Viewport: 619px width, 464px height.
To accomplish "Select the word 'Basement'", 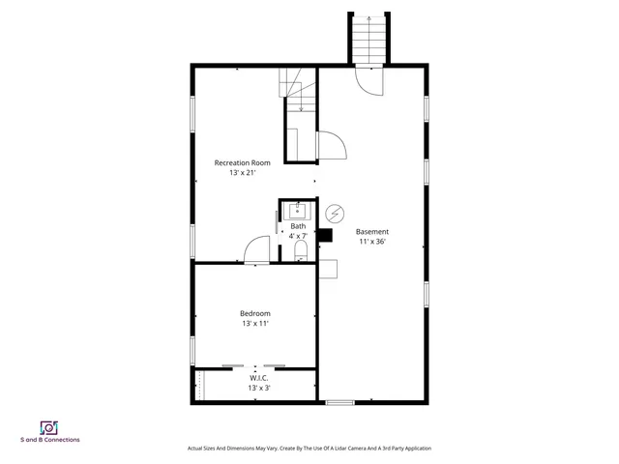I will pyautogui.click(x=372, y=231).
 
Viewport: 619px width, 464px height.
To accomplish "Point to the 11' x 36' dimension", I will pyautogui.click(x=372, y=242).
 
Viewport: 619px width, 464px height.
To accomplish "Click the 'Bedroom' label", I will pyautogui.click(x=255, y=312).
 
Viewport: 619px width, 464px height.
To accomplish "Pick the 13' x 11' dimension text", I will pyautogui.click(x=255, y=324).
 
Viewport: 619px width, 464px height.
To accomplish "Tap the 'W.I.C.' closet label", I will pyautogui.click(x=258, y=378).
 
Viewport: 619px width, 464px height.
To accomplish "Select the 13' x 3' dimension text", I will pyautogui.click(x=258, y=388).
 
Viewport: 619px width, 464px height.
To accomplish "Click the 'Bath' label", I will pyautogui.click(x=298, y=226).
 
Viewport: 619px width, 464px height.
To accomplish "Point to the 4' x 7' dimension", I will pyautogui.click(x=298, y=236).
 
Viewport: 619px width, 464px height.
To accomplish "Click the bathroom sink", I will pyautogui.click(x=299, y=210).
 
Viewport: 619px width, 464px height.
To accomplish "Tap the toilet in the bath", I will pyautogui.click(x=300, y=252).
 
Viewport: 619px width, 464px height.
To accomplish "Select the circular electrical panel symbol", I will pyautogui.click(x=335, y=213).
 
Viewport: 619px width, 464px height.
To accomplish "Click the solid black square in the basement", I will pyautogui.click(x=325, y=234).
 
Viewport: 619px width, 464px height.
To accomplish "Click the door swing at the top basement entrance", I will pyautogui.click(x=369, y=83).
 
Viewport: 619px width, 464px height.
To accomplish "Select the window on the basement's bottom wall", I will pyautogui.click(x=339, y=401).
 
